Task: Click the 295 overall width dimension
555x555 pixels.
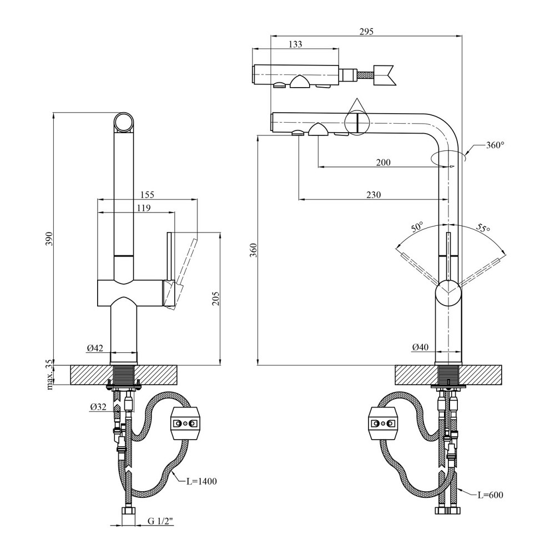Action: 366,32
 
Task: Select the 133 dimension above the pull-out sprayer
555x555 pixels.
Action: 296,45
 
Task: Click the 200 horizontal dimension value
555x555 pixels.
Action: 383,163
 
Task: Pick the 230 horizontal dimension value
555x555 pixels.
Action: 373,195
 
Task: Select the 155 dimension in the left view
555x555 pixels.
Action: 147,194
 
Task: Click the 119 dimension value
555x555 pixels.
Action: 143,208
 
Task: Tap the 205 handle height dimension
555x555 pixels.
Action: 216,299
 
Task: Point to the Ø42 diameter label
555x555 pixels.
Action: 95,348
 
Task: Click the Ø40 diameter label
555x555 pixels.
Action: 420,348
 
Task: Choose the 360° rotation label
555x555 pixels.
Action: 495,145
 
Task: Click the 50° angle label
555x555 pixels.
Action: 417,226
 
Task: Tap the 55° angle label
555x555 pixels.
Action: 483,228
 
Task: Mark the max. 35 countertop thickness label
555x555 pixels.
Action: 49,374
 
